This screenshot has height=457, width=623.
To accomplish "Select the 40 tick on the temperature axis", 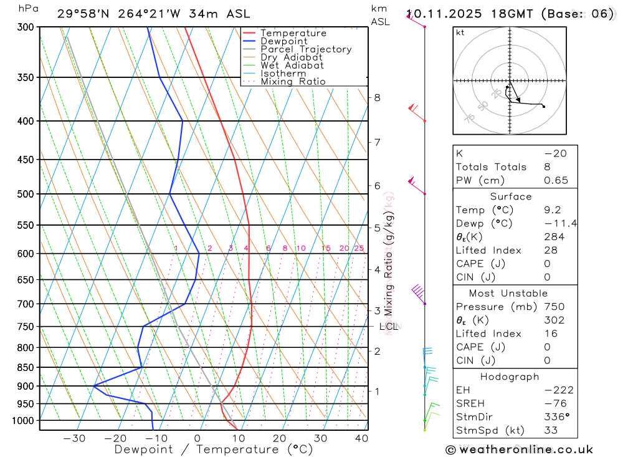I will [362, 438].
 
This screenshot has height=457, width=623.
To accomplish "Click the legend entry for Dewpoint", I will [283, 41].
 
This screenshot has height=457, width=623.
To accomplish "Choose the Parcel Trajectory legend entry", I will [306, 49].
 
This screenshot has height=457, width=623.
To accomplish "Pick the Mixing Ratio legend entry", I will [293, 81].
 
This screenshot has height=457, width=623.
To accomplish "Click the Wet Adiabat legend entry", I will [292, 65].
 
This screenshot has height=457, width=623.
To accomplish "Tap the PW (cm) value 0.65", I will [556, 180].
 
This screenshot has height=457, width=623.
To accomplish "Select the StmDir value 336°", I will [556, 417].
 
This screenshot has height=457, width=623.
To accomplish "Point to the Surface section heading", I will [511, 196].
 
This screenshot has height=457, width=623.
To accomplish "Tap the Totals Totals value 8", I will [547, 166].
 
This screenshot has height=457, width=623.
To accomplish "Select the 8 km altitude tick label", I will [377, 97].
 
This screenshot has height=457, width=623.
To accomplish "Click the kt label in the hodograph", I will [460, 32].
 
